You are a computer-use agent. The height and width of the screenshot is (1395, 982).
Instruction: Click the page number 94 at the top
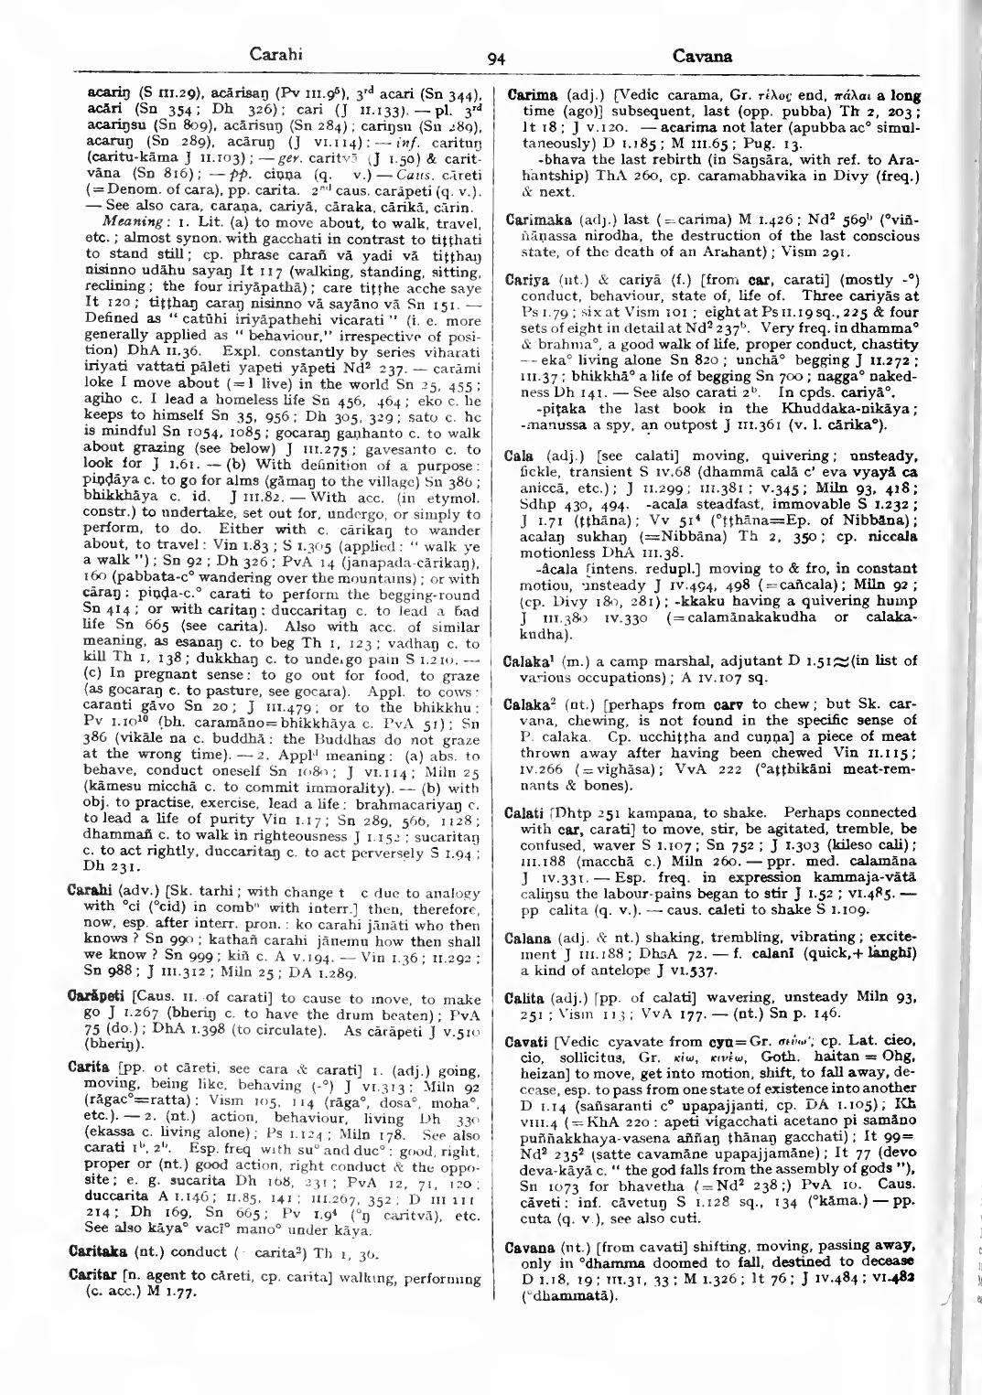coord(496,59)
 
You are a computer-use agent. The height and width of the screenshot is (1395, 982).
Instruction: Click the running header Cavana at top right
coord(703,56)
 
